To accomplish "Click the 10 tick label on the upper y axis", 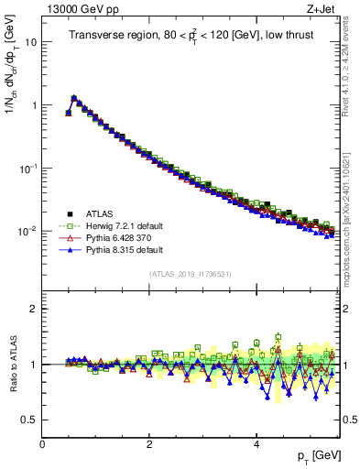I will click(x=30, y=43).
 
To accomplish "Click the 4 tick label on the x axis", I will click(x=256, y=443).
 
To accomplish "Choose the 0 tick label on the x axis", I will click(x=42, y=443).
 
